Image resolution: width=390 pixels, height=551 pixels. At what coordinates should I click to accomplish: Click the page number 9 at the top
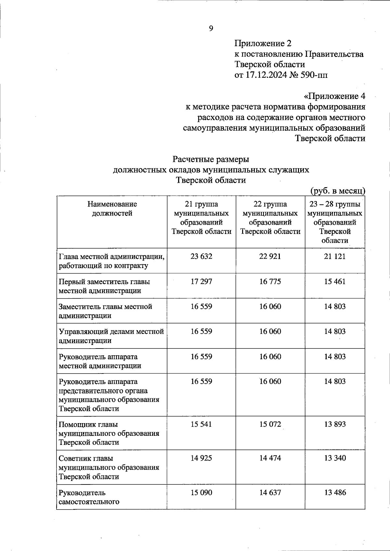point(211,29)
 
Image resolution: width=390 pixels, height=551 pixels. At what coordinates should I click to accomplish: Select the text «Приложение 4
point(334,96)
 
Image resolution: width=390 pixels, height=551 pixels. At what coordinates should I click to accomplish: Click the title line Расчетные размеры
point(211,159)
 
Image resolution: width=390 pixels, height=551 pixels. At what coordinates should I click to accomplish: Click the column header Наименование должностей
point(112,209)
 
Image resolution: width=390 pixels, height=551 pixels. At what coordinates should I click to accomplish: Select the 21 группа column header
point(201,218)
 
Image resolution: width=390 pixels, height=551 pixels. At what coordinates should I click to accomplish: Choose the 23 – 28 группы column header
point(335,222)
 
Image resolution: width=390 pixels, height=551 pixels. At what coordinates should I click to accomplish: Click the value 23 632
point(201,256)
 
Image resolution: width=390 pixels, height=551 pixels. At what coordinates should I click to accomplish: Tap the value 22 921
point(270,256)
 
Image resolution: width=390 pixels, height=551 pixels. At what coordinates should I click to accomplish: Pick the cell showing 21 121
point(335,256)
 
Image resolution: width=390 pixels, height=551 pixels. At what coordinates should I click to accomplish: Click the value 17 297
point(201,281)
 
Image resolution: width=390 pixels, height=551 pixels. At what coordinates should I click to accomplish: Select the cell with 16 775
point(270,281)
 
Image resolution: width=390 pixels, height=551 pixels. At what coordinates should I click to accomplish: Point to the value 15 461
point(335,281)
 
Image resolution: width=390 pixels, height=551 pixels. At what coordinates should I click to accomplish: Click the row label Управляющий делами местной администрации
point(111,336)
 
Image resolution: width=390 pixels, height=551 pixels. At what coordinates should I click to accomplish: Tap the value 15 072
point(270,424)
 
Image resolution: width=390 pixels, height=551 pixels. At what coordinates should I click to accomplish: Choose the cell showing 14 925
point(201,458)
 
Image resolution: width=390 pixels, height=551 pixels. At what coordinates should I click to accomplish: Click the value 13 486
point(335,492)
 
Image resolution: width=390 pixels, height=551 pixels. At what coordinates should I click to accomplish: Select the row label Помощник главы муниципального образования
point(109,433)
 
